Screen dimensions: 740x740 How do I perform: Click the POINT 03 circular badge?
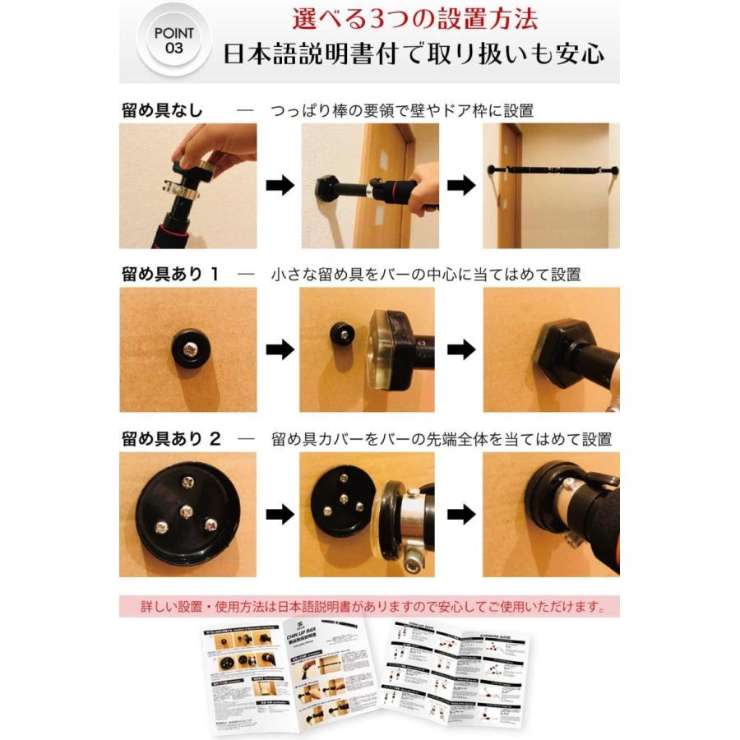pos(174,40)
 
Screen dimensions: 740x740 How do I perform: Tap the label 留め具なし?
pos(162,110)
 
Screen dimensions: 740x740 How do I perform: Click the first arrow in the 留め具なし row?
pos(281,186)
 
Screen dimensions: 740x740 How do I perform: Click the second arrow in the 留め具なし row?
pos(462,186)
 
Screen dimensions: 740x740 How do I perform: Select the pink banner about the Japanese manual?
pos(369,608)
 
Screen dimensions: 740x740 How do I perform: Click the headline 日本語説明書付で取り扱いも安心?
pos(415,54)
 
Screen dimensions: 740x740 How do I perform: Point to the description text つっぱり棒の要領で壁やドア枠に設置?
pos(402,110)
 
